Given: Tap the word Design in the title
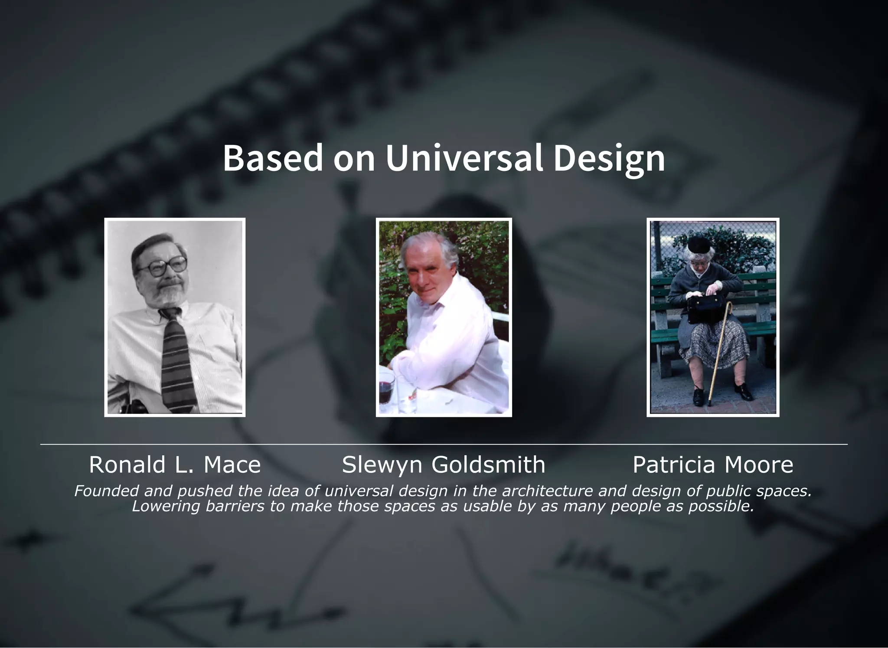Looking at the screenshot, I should pos(609,159).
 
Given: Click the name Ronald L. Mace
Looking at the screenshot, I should pos(175,465).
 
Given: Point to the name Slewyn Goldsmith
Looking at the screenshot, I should pos(444,465).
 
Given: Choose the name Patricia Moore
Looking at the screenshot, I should pos(713,465).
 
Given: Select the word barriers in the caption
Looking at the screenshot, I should pos(235,506).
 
